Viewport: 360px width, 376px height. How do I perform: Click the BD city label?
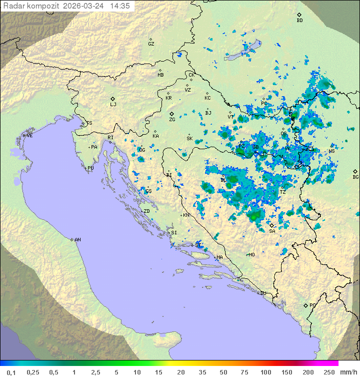(x=299, y=21)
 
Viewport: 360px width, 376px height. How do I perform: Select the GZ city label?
(x=151, y=44)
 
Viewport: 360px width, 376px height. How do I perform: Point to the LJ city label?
(x=113, y=105)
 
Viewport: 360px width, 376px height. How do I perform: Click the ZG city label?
(x=172, y=120)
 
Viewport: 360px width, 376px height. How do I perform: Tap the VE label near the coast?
(x=29, y=136)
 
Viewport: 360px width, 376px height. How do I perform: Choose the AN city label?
(x=77, y=240)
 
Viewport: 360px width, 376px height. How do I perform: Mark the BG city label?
(x=355, y=177)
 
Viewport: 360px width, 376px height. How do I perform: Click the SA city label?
(x=272, y=231)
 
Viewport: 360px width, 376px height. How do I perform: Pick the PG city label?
(x=312, y=305)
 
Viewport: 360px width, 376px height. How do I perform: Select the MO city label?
(x=251, y=255)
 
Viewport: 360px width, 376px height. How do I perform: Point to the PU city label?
(x=90, y=168)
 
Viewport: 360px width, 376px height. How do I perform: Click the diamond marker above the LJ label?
(x=113, y=99)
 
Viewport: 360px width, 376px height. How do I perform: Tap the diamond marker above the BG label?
(x=355, y=171)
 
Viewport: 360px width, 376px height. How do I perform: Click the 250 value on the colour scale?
(x=329, y=372)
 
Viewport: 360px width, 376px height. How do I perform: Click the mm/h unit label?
(x=347, y=372)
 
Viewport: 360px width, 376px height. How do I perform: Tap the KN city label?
(x=186, y=215)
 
